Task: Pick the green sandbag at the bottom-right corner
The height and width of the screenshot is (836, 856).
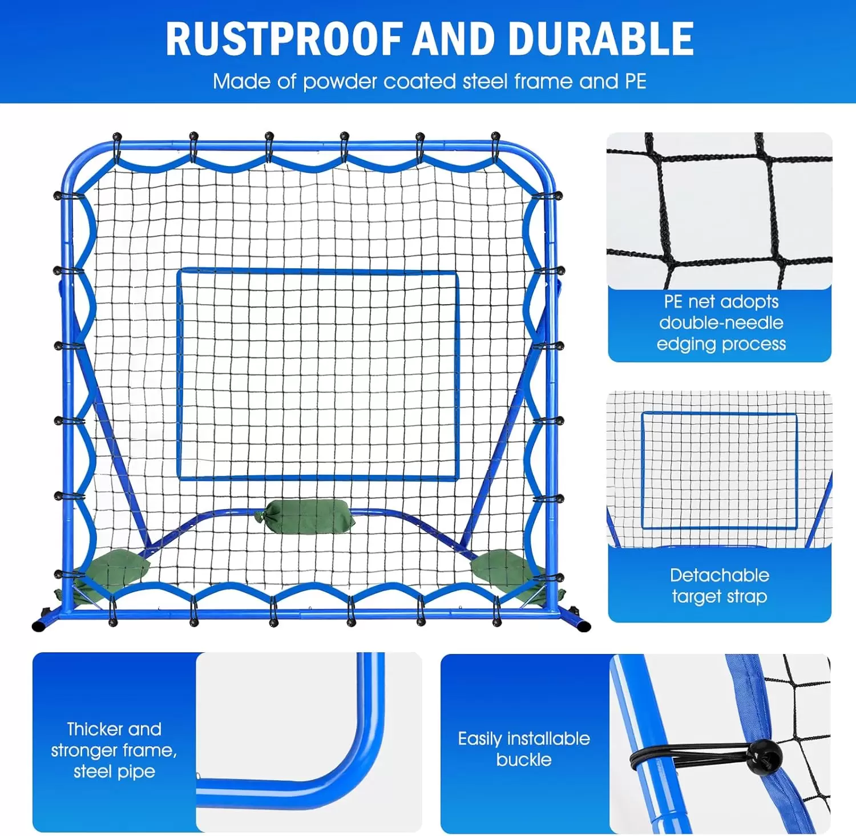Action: tap(502, 568)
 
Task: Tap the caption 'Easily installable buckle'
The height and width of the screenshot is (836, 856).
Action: tap(524, 749)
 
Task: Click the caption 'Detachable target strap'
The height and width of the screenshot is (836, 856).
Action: tap(719, 585)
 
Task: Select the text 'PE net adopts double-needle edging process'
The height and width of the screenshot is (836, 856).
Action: tap(721, 322)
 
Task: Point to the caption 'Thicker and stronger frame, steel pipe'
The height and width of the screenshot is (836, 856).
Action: tap(114, 750)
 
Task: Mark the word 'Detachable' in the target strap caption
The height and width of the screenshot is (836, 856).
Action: tap(719, 575)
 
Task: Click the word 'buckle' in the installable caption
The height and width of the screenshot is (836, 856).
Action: tap(524, 760)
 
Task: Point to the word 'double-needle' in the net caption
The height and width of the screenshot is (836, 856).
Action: tap(721, 322)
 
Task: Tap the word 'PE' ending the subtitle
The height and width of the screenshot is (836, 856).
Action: tap(635, 82)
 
